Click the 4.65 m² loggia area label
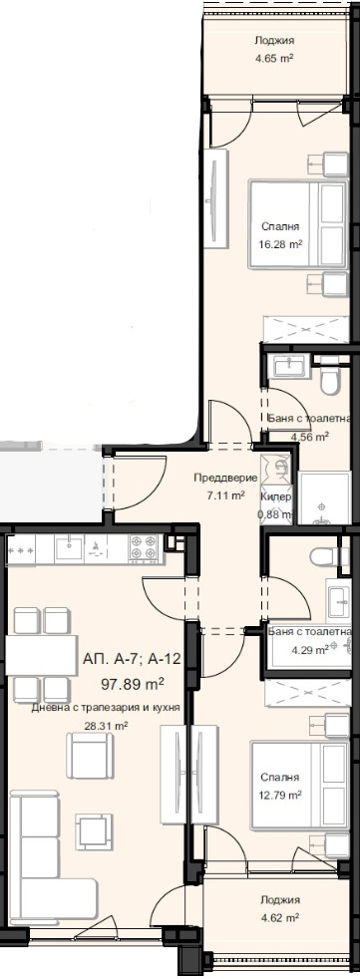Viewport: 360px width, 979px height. pos(274,60)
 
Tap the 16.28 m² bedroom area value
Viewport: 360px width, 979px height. pos(280,245)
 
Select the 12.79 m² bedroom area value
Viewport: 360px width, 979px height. pos(280,795)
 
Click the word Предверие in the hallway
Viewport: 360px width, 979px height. pos(225,479)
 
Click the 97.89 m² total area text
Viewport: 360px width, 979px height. pos(133,685)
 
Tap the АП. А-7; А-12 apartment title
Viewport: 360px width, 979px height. pos(132,659)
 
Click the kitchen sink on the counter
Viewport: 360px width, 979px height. pos(71,548)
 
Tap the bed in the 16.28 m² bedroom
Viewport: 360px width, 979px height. pos(298,224)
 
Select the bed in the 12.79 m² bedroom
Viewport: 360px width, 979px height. pos(299,786)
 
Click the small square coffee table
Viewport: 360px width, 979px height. pos(95,831)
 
